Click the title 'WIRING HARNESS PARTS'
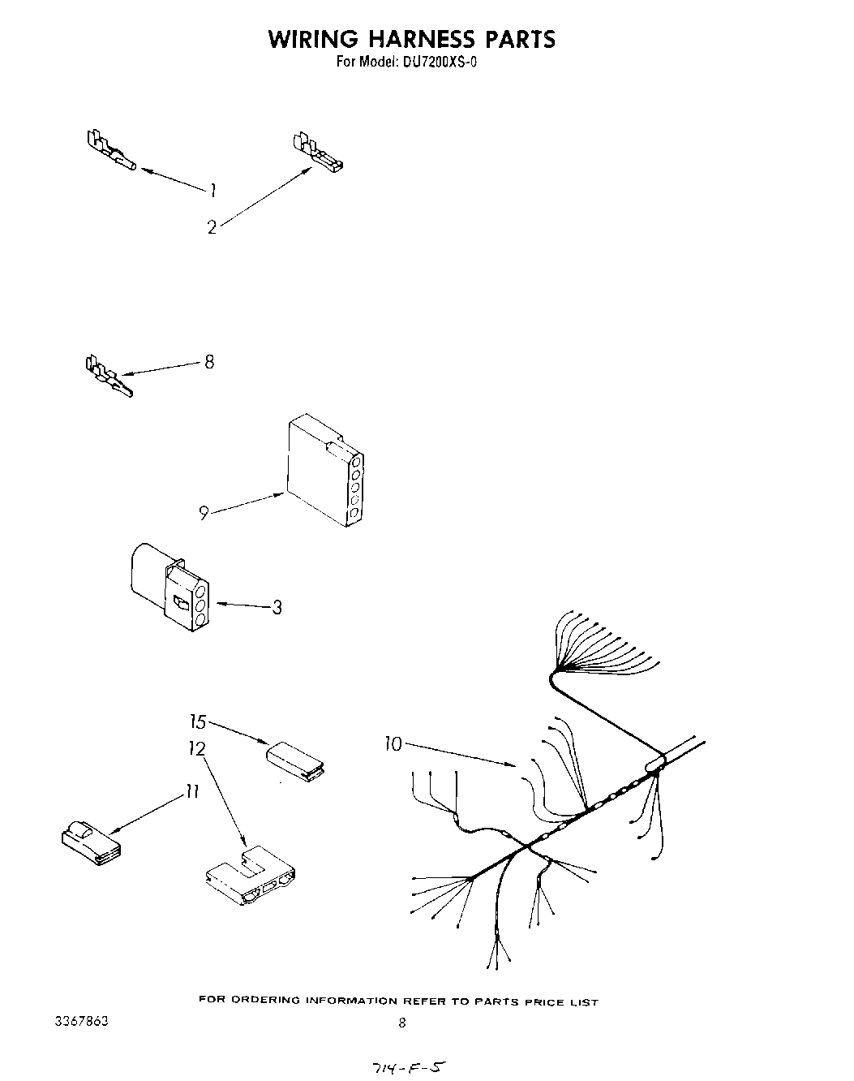(412, 39)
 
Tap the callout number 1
(212, 191)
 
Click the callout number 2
(212, 228)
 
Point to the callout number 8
(209, 362)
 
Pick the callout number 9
(204, 512)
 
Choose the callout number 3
(277, 607)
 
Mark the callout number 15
(199, 721)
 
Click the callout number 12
(197, 748)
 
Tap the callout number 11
(191, 792)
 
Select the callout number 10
(393, 743)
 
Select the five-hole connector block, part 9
(324, 471)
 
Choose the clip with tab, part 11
(90, 842)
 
